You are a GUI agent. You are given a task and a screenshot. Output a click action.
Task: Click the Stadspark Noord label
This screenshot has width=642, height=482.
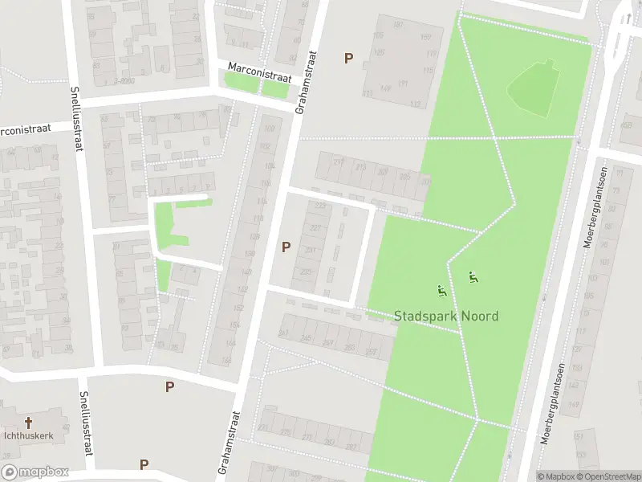coord(446,316)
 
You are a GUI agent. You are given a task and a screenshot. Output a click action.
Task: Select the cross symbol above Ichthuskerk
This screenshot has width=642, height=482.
coord(30,423)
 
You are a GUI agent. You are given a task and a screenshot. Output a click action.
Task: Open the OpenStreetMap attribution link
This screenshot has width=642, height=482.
coord(607,476)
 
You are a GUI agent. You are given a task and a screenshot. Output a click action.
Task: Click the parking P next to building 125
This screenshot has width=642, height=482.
coord(348,58)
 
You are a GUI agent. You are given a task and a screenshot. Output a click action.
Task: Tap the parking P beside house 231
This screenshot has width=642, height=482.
coord(286,247)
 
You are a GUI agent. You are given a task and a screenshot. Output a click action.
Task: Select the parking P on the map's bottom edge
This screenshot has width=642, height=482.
coord(144,464)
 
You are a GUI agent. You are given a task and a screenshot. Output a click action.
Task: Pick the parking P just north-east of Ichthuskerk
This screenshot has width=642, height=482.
coord(169,386)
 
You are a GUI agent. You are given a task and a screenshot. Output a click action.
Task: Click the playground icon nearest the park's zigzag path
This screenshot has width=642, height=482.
coord(473,278)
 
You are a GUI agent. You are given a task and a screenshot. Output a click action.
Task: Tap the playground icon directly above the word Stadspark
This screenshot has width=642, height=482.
coord(441,290)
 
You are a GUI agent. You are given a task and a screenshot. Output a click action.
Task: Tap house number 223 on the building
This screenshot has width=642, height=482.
coord(321,205)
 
